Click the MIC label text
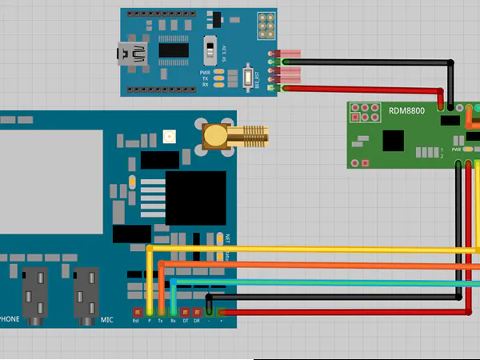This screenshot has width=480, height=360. (x=107, y=320)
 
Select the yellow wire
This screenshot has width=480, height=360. (x=320, y=250)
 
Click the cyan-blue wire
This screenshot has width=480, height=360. (x=320, y=282)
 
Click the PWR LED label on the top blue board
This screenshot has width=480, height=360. (x=205, y=71)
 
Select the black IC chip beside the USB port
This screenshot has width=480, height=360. (x=173, y=50)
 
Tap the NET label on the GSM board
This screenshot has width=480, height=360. (x=228, y=238)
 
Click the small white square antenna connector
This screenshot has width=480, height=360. (x=169, y=136)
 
